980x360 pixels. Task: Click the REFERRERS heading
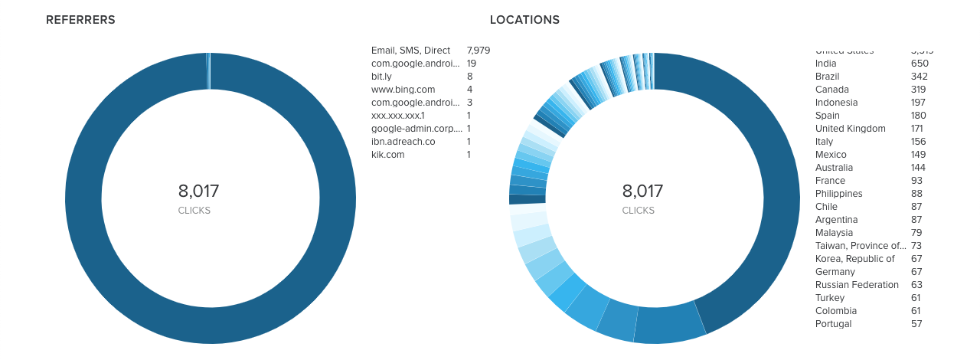[x=80, y=20]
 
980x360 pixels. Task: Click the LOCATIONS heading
[x=524, y=20]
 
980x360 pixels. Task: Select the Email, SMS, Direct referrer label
[x=410, y=51]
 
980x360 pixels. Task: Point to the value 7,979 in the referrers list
[x=478, y=51]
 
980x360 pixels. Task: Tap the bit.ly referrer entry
[x=381, y=77]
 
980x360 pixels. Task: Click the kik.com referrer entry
[x=387, y=155]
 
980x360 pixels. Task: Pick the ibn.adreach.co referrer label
[x=403, y=142]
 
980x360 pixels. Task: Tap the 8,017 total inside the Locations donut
[x=642, y=191]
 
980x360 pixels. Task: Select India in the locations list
[x=825, y=64]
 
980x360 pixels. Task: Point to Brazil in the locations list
[x=828, y=77]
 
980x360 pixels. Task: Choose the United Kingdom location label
[x=850, y=129]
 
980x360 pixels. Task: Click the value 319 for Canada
[x=918, y=90]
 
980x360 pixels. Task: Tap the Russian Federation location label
[x=857, y=285]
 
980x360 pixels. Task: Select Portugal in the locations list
[x=833, y=324]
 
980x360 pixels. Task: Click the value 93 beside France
[x=916, y=181]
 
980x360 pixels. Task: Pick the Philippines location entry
[x=838, y=194]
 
